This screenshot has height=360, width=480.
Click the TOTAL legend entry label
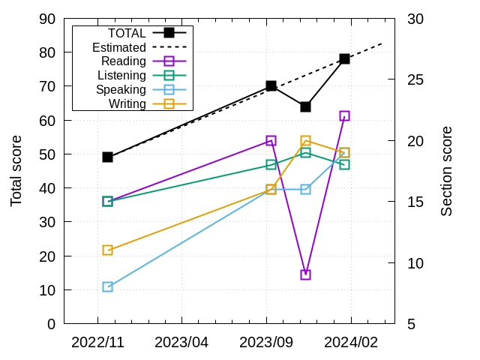pyautogui.click(x=127, y=33)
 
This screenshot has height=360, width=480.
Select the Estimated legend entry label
pyautogui.click(x=119, y=47)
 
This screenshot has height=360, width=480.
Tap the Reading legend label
pyautogui.click(x=123, y=61)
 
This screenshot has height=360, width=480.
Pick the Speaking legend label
pyautogui.click(x=121, y=90)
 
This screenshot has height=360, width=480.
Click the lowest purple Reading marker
pyautogui.click(x=305, y=274)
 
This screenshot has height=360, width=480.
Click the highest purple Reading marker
pyautogui.click(x=344, y=115)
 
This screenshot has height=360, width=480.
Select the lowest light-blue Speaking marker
pyautogui.click(x=107, y=286)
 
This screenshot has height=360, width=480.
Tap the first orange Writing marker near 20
pyautogui.click(x=107, y=250)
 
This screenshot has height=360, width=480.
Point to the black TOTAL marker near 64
pyautogui.click(x=305, y=106)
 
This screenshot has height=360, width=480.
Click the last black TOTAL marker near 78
pyautogui.click(x=344, y=58)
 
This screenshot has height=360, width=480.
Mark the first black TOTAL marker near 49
pyautogui.click(x=107, y=157)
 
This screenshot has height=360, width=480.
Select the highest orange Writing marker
pyautogui.click(x=305, y=140)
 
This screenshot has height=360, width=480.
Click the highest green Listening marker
pyautogui.click(x=305, y=152)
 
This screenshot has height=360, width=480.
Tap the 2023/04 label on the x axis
pyautogui.click(x=181, y=342)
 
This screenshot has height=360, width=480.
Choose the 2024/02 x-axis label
pyautogui.click(x=351, y=342)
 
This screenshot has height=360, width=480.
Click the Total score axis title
pyautogui.click(x=16, y=171)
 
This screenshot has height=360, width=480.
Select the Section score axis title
pyautogui.click(x=446, y=171)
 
